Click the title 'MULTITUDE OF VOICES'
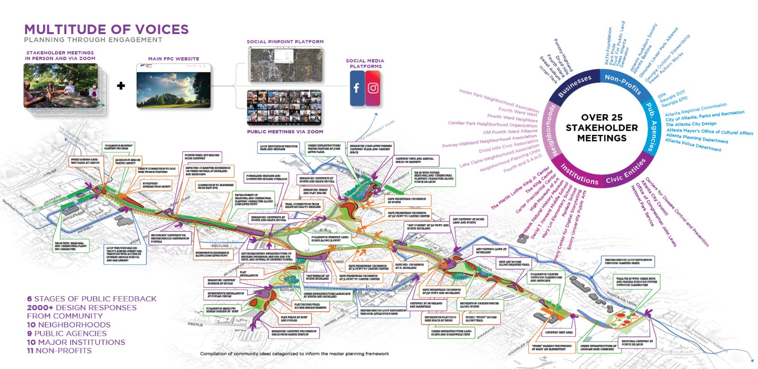click(x=106, y=29)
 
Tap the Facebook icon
click(x=357, y=88)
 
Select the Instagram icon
click(x=373, y=88)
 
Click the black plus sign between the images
click(x=121, y=86)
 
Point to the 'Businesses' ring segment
click(x=575, y=86)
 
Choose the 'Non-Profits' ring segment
click(x=623, y=83)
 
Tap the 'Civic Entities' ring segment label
click(x=626, y=172)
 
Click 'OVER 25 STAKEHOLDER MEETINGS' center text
click(x=602, y=128)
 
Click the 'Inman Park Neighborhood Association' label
click(x=499, y=100)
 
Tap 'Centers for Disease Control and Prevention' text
click(x=677, y=211)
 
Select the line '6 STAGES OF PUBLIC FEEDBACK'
click(x=91, y=299)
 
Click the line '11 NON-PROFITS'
click(x=59, y=351)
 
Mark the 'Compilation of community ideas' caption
click(x=294, y=353)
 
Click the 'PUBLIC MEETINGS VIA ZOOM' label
click(x=285, y=132)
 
